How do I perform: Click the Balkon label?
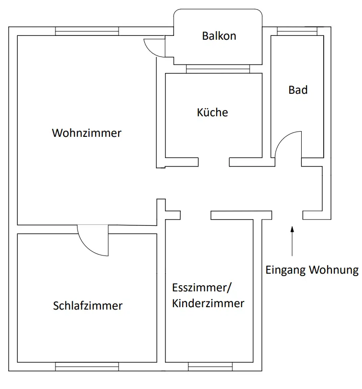click(219, 36)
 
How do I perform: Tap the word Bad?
click(298, 90)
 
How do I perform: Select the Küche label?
click(212, 112)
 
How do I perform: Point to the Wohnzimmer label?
click(87, 133)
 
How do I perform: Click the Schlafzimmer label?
click(88, 306)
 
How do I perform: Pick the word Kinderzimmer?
click(208, 303)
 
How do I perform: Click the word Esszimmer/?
click(202, 288)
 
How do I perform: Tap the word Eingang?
click(285, 270)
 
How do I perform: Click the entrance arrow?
click(292, 241)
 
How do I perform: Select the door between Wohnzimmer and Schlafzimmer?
click(93, 240)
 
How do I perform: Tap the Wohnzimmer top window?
click(87, 31)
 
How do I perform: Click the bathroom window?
click(297, 31)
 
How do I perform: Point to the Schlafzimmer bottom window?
click(87, 367)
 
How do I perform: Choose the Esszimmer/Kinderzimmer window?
click(210, 367)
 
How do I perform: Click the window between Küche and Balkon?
click(218, 69)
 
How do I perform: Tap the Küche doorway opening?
click(214, 162)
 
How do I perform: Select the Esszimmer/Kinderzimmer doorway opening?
click(196, 215)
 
